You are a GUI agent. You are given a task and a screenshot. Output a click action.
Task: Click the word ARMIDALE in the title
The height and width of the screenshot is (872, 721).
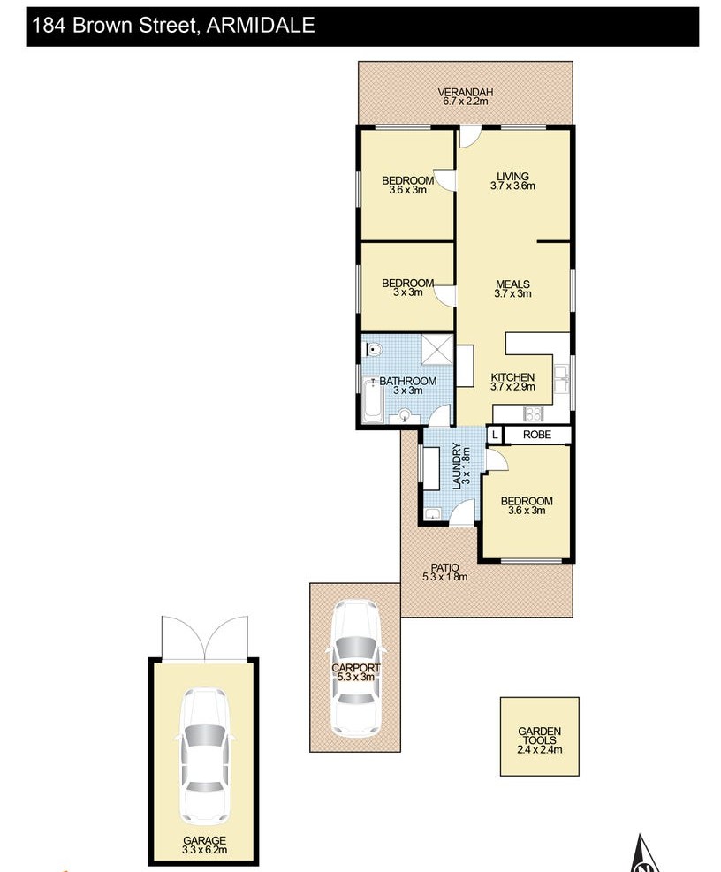coord(261,25)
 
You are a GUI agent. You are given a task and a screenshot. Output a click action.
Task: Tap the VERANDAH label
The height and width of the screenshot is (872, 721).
coord(465,92)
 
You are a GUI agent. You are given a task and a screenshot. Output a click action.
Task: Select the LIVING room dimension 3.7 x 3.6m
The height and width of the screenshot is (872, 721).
coord(512,186)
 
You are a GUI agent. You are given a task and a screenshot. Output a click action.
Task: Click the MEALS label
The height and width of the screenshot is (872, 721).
coord(512,284)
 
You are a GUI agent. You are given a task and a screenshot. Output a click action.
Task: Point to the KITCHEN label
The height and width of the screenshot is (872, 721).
coord(512,377)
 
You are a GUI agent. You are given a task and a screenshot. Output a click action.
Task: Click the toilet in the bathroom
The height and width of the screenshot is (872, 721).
coord(373,350)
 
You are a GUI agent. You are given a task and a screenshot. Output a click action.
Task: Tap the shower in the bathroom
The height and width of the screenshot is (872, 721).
coord(436,349)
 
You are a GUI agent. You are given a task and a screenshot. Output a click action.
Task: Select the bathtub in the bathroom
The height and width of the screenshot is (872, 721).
coord(372,400)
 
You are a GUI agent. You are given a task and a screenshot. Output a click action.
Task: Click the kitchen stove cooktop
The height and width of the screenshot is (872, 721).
coord(533,413)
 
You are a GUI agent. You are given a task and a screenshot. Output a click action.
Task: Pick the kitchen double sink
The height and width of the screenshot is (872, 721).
coord(561,379)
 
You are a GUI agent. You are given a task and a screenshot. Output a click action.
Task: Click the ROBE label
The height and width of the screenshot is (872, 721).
coord(537,435)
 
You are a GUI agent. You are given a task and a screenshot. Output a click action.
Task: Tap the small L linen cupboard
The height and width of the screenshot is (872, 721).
coord(495,435)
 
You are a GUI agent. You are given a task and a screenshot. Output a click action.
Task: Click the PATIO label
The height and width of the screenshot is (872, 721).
coord(444,567)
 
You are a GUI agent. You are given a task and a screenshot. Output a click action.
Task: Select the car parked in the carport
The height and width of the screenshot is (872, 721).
coord(355,667)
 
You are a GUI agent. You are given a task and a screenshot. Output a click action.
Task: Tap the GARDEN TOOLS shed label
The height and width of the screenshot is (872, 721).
coord(539,736)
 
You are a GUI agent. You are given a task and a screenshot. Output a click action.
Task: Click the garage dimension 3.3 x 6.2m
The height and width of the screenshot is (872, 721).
coord(204,850)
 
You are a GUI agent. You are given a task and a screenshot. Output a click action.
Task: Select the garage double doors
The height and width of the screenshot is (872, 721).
coord(204,637)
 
